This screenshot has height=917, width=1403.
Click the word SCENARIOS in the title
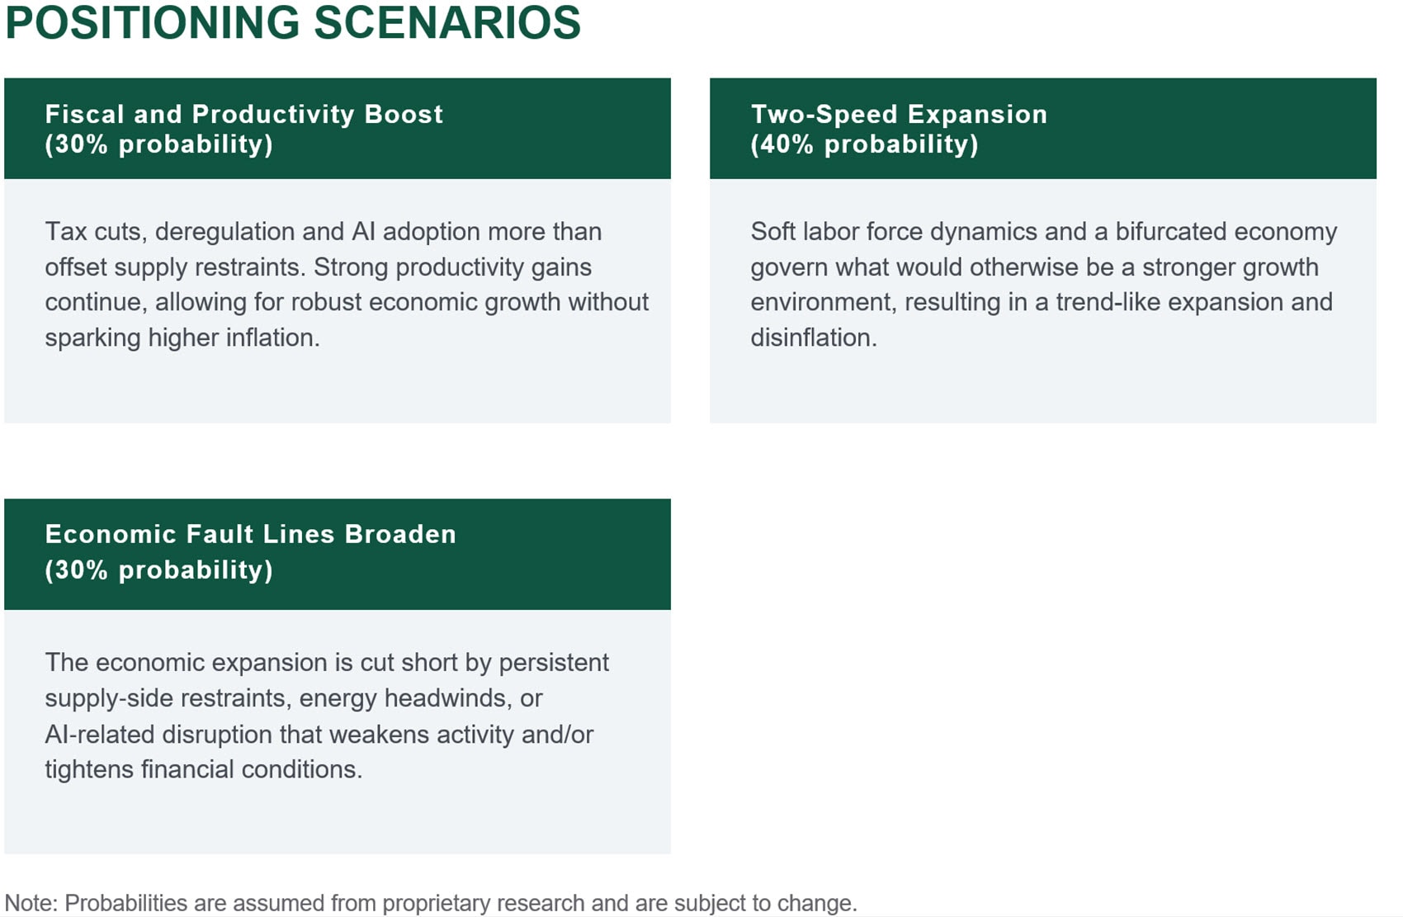447,22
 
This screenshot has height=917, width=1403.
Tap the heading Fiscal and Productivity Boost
243,114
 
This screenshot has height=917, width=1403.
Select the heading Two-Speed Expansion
899,114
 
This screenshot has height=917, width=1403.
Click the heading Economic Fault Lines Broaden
250,534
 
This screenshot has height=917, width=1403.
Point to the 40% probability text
864,144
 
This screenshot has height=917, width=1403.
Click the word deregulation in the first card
224,232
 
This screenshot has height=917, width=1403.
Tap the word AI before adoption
363,232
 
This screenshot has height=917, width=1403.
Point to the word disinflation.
813,338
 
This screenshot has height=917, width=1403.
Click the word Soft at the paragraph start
773,232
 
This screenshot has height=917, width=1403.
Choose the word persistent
554,663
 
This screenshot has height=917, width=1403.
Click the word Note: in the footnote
31,903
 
